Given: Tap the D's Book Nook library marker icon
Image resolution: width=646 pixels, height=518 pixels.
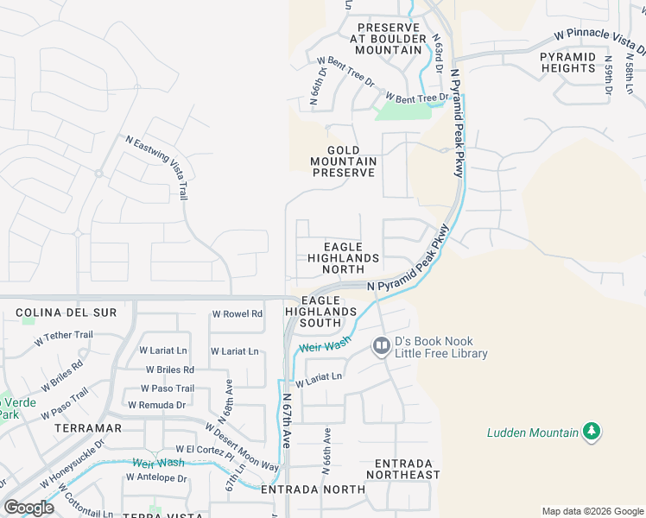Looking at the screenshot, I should [x=381, y=346].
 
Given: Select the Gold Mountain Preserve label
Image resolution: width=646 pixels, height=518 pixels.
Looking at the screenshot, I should [x=344, y=161].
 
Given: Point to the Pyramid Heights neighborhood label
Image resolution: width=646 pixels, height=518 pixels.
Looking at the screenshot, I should [x=568, y=63].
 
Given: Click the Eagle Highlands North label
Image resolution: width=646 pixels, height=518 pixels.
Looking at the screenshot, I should [x=344, y=258].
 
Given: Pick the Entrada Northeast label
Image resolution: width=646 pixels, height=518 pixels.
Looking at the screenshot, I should [x=402, y=469].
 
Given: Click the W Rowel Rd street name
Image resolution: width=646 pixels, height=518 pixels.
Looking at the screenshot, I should [x=236, y=314].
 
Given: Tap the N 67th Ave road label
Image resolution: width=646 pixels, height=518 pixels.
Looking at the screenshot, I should [x=286, y=420].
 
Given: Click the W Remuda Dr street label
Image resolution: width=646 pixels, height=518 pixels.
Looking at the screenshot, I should [x=156, y=404].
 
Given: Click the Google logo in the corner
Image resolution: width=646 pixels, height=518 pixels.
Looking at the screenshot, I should [x=28, y=507].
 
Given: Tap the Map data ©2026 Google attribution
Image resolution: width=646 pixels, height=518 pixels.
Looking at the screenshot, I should [x=592, y=511].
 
